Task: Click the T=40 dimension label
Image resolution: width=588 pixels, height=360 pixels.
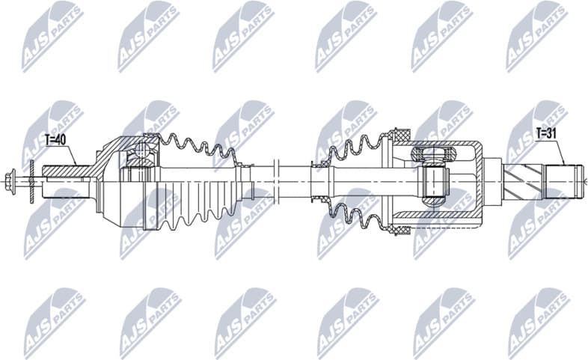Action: [56, 139]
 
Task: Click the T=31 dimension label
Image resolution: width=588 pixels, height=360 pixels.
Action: [548, 133]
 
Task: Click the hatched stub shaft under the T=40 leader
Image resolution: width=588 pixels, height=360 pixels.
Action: [67, 171]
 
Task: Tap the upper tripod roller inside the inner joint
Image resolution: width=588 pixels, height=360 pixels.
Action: [430, 155]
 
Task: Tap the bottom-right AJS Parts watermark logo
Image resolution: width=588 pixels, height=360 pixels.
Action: [536, 323]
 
